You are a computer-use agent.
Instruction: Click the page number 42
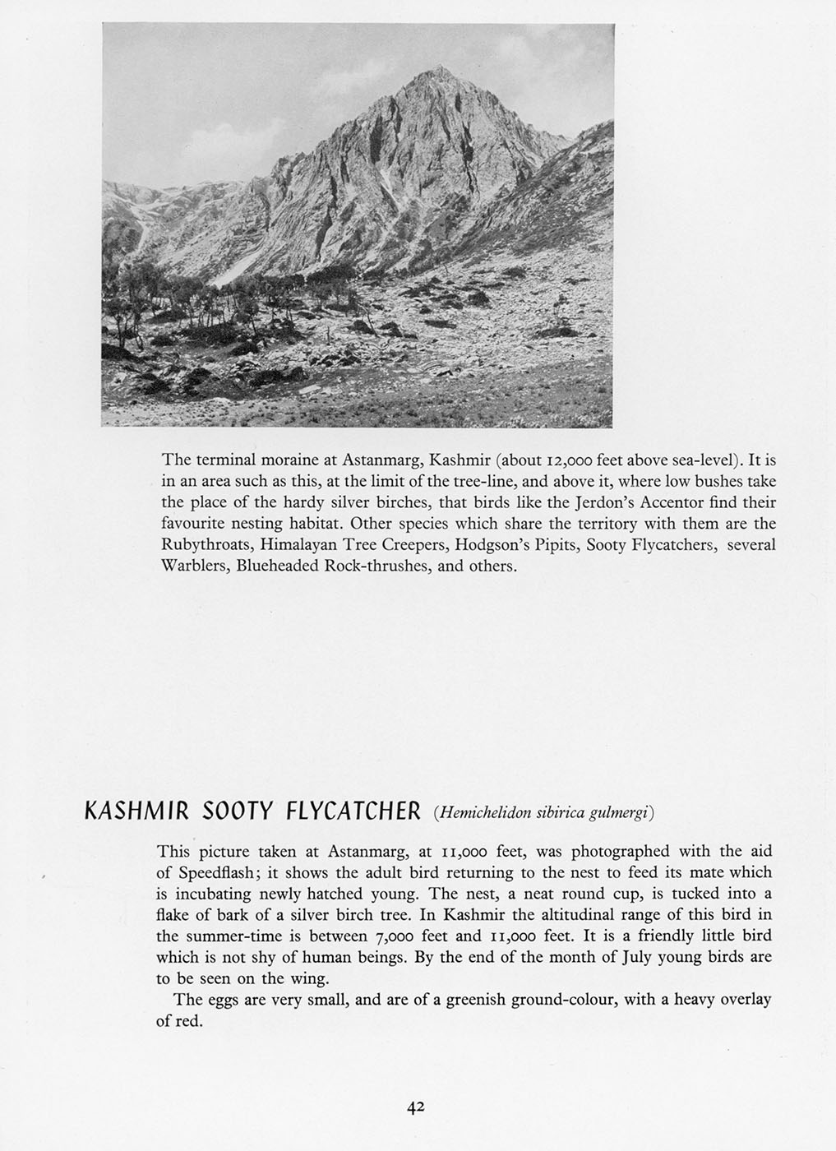coord(414,1107)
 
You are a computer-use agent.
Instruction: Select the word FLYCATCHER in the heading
coord(353,812)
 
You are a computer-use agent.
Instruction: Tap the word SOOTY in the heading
coord(238,812)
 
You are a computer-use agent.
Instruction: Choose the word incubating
coord(199,894)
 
